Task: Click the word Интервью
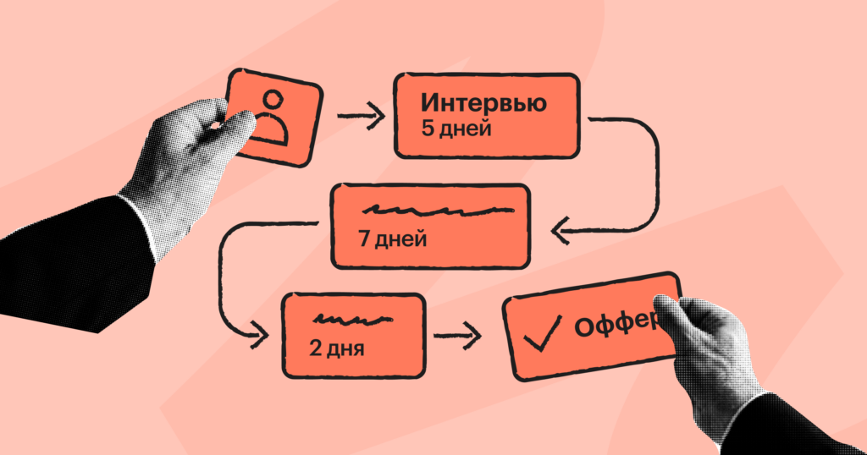pyautogui.click(x=483, y=104)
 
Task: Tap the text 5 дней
pyautogui.click(x=456, y=130)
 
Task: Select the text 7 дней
pyautogui.click(x=391, y=238)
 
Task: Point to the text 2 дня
pyautogui.click(x=338, y=347)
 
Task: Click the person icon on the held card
pyautogui.click(x=273, y=116)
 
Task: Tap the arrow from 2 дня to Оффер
pyautogui.click(x=457, y=337)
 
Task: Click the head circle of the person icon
pyautogui.click(x=272, y=101)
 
